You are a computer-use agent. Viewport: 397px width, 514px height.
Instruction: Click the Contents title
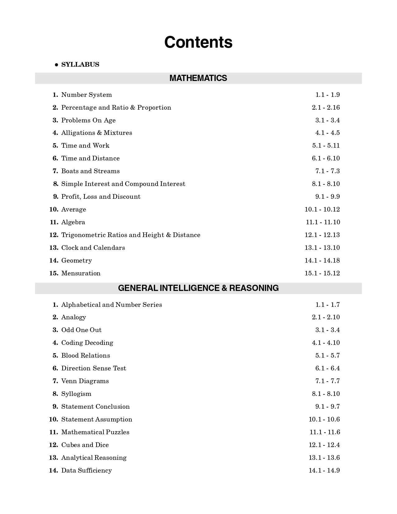pos(198,42)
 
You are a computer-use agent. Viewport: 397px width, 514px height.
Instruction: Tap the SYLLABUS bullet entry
pos(80,64)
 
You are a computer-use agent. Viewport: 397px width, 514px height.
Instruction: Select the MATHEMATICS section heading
pos(198,78)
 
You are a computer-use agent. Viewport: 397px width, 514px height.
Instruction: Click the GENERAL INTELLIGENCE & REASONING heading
pos(198,288)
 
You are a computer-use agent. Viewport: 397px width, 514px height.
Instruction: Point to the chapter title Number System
pos(87,95)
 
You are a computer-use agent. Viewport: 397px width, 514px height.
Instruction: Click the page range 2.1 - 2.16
pos(326,107)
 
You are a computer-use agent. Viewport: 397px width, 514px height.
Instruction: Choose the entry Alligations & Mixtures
pos(97,133)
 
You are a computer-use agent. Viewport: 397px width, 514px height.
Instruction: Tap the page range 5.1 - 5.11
pos(326,145)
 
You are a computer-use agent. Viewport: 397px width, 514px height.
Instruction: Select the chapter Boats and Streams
pos(90,171)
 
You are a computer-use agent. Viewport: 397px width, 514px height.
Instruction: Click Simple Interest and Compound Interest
pos(123,184)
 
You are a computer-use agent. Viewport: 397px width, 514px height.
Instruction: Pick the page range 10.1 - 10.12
pos(322,209)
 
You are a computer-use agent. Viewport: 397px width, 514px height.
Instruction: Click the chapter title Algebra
pos(73,222)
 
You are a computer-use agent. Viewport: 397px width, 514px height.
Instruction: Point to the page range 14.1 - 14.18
pos(322,260)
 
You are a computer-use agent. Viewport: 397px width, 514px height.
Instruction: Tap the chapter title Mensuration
pos(81,273)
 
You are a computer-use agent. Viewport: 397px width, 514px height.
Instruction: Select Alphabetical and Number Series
pos(111,305)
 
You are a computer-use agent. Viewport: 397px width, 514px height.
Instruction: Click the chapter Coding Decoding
pos(87,343)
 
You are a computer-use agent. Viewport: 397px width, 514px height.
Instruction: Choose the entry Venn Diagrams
pos(85,381)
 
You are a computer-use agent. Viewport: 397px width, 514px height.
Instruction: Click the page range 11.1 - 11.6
pos(324,432)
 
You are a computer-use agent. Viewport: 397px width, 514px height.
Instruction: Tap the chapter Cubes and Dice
pos(85,445)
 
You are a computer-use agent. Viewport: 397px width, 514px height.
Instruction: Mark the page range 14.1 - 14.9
pos(324,470)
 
